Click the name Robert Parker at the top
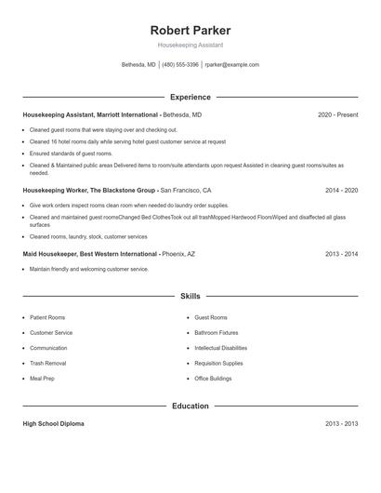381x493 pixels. tap(190, 30)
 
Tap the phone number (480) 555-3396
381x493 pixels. tap(180, 65)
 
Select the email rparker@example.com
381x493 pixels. tap(231, 65)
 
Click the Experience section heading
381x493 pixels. tap(190, 97)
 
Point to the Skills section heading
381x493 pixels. tap(190, 296)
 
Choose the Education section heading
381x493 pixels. tap(190, 406)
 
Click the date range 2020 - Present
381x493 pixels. tap(337, 114)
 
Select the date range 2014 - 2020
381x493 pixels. tap(341, 190)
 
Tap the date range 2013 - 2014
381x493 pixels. tap(341, 254)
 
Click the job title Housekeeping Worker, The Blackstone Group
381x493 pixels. tap(90, 190)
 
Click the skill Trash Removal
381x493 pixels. tap(48, 363)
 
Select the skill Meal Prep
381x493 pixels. tap(43, 379)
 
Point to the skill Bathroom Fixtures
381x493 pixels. tap(217, 332)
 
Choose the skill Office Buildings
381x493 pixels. tap(215, 379)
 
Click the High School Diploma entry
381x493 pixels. tap(53, 423)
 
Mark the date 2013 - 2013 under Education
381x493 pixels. tap(341, 423)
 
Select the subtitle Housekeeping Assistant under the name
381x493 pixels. tap(190, 45)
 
